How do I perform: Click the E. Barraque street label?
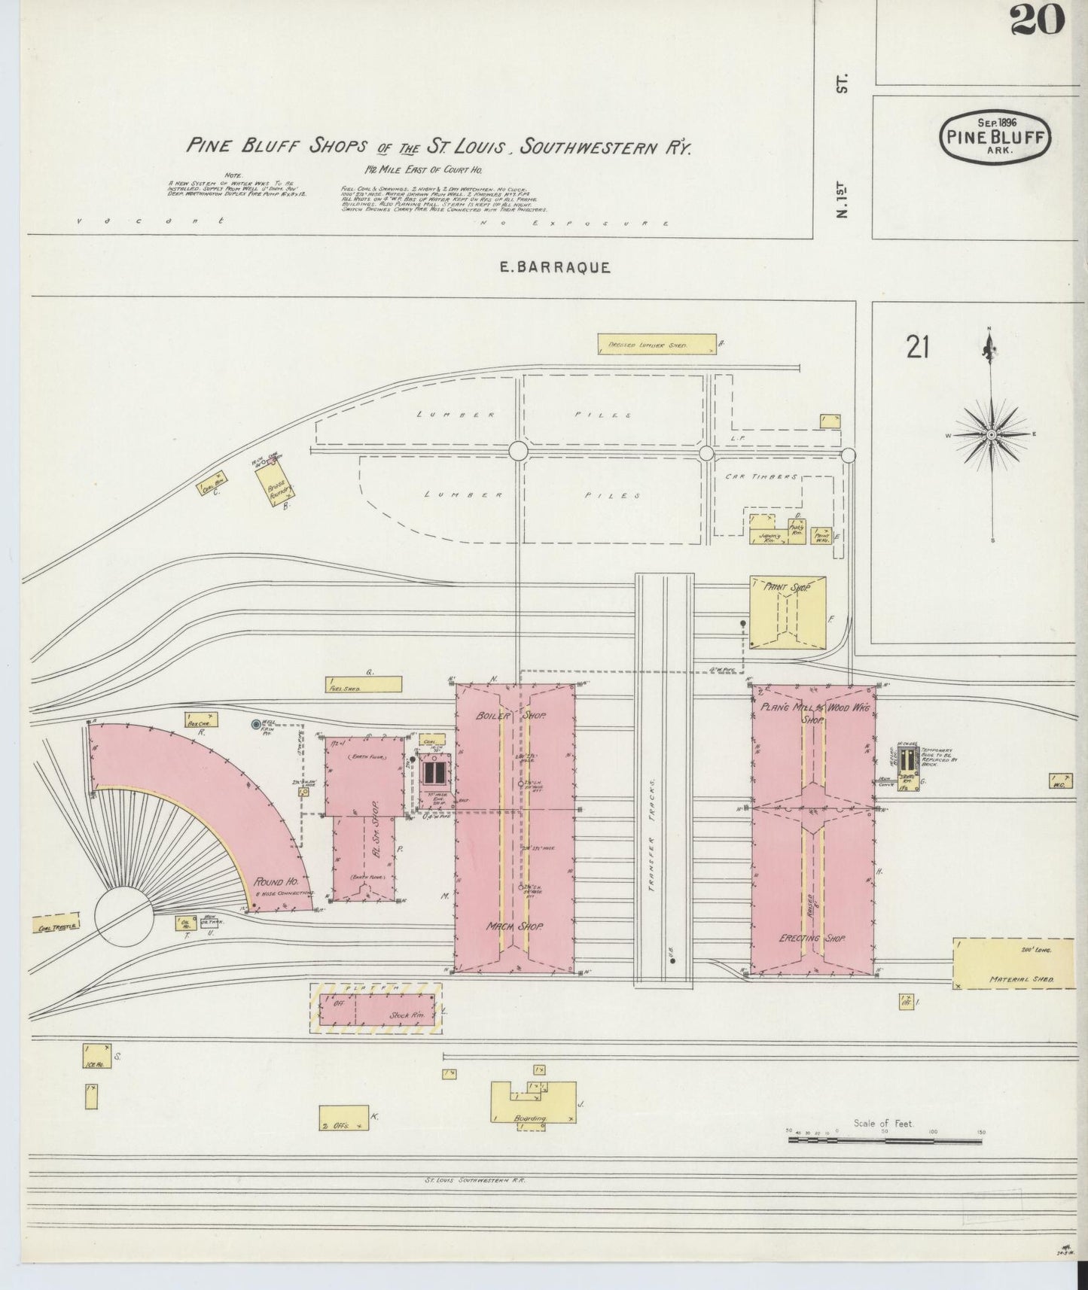tap(555, 267)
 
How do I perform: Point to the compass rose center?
tap(992, 435)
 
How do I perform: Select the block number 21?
tap(917, 348)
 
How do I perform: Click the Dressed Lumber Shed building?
tap(655, 344)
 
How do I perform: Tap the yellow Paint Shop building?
tap(787, 612)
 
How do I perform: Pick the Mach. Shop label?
tap(515, 926)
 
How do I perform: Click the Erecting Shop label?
tap(812, 939)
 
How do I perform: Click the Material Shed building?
tap(1013, 963)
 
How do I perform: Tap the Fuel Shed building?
tap(363, 684)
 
